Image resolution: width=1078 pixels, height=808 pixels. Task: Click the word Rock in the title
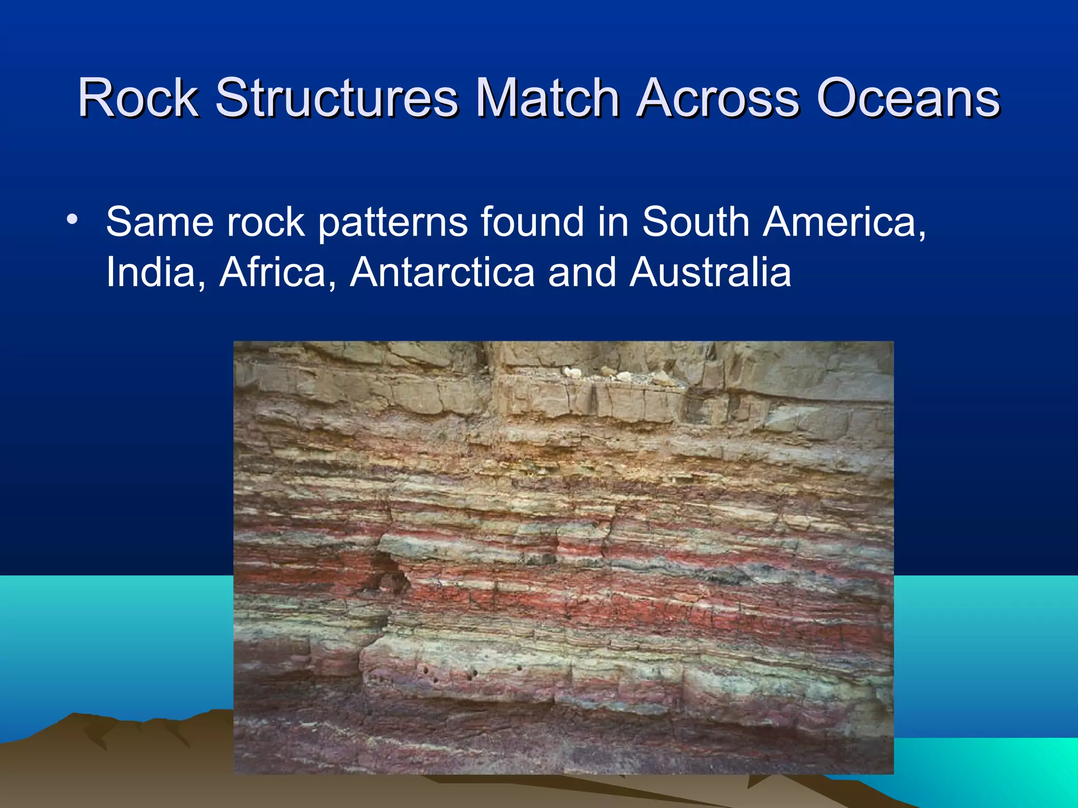pos(138,98)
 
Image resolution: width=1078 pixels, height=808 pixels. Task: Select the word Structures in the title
pos(336,98)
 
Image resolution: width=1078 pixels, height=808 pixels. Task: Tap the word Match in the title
pos(547,98)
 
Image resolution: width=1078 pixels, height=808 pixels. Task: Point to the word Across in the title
pos(718,98)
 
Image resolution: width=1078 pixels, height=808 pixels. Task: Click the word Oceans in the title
pos(907,98)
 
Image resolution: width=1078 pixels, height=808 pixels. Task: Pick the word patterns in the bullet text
pos(393,222)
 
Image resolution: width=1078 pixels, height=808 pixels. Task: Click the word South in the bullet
pos(695,222)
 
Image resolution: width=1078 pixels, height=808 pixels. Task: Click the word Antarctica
pos(442,272)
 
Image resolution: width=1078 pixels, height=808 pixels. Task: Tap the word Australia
pos(710,272)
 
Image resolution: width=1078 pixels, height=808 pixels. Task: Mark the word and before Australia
pos(582,272)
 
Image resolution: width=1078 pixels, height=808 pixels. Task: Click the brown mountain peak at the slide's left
pos(74,718)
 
